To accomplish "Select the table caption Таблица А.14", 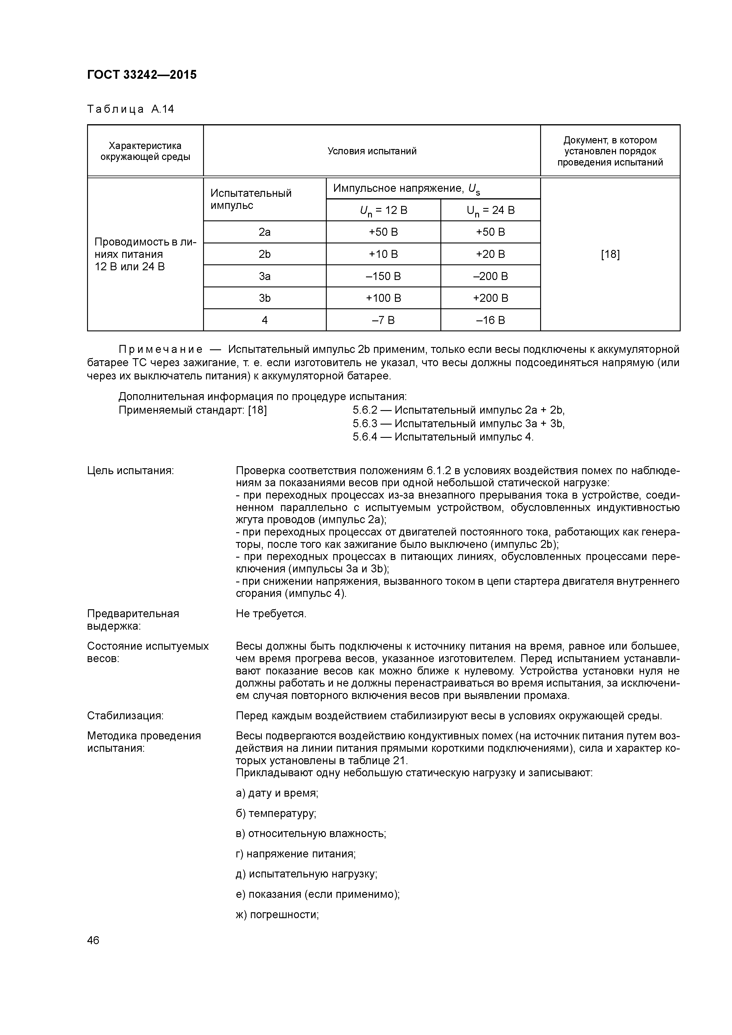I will coord(130,109).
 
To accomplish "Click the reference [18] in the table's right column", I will coord(610,254).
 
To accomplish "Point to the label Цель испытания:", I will coord(130,471).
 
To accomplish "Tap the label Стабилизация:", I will coord(125,716).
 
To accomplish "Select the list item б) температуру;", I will coord(276,814).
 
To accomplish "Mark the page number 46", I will coord(93,940).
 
